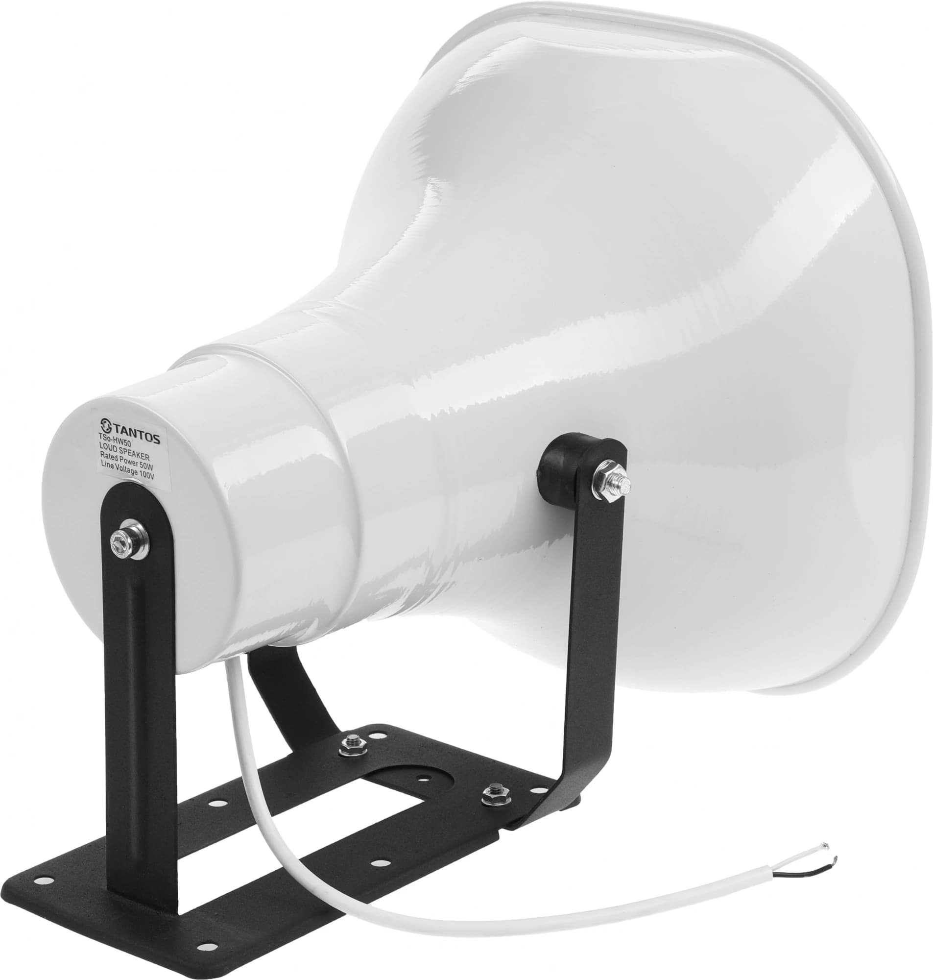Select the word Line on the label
pos(108,465)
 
